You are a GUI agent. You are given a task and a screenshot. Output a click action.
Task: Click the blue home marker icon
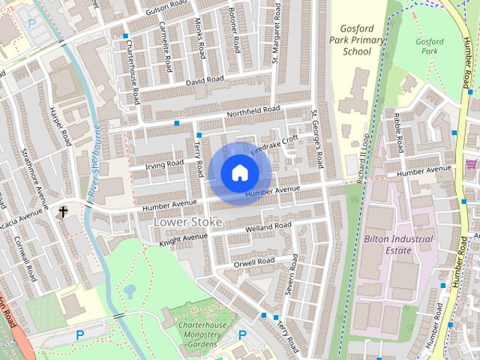point(238,173)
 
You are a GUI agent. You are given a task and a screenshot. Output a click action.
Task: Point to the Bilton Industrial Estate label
point(398,244)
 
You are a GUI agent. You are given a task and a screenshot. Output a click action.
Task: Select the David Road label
point(205,79)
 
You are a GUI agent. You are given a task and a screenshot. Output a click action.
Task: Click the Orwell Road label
point(254,262)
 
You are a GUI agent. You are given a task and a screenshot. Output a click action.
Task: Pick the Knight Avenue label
point(183,239)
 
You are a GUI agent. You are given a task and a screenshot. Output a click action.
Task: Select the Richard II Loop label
point(365,157)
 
